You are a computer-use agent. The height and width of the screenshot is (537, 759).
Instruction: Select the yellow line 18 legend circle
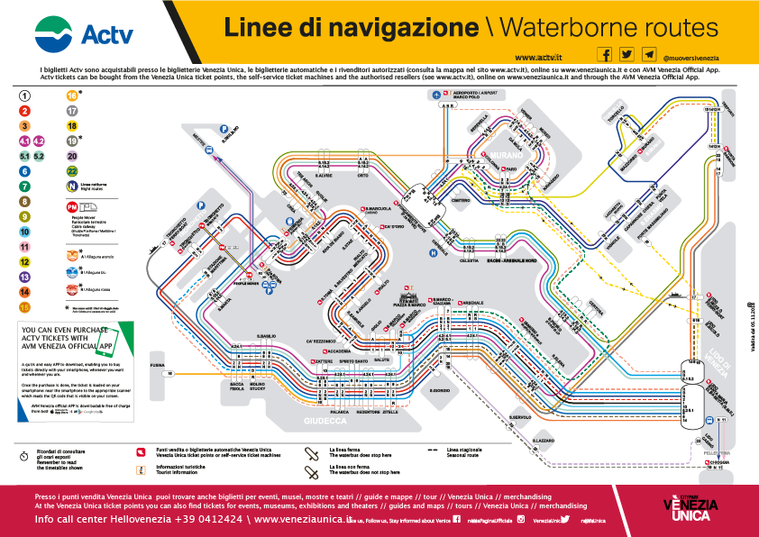coord(71,126)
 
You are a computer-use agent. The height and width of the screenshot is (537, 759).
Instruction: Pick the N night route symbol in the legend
coord(71,187)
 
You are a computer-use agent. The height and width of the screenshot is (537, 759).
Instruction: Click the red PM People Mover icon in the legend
coord(71,207)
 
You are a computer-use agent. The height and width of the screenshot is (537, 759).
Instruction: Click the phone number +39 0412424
coord(198,520)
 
